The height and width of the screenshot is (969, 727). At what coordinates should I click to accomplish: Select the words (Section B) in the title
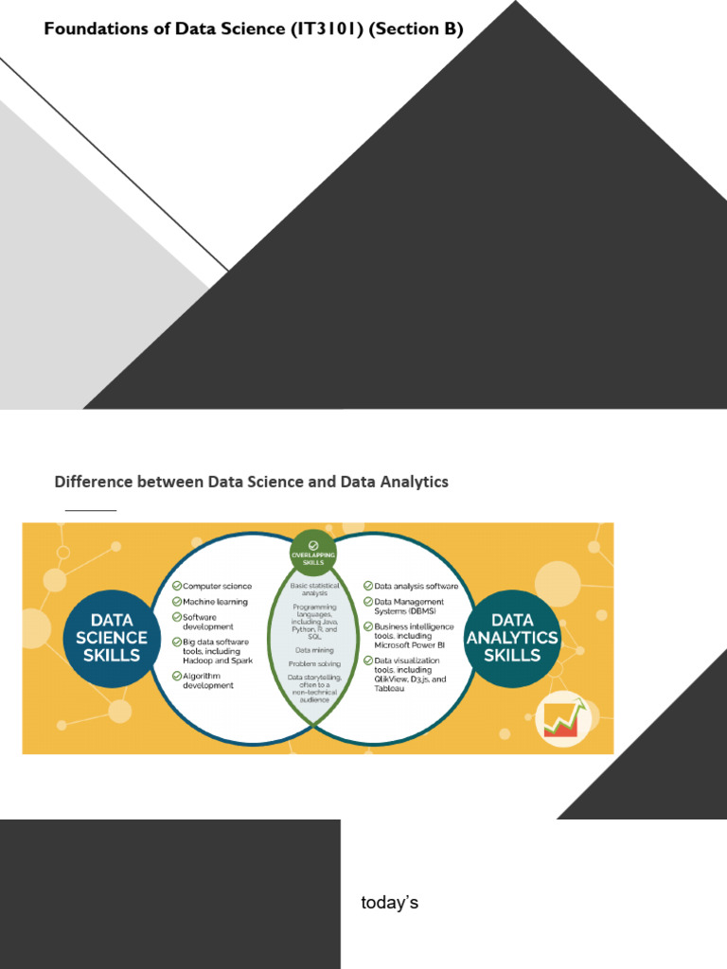[417, 29]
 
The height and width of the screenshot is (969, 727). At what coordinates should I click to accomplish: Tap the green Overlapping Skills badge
[313, 553]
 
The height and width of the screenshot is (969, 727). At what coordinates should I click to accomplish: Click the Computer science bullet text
[217, 587]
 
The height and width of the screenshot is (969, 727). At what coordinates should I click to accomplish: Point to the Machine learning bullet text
[215, 602]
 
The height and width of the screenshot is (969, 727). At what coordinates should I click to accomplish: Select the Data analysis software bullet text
[416, 587]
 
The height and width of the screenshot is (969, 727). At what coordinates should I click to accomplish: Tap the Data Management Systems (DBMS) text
[409, 607]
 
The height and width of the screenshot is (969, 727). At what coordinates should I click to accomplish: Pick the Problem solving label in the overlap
[314, 664]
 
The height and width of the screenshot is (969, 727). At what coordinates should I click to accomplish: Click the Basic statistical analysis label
[314, 590]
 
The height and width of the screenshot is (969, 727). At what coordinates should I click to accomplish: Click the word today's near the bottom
[389, 903]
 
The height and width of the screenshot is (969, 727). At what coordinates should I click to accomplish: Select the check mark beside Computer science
[176, 587]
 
